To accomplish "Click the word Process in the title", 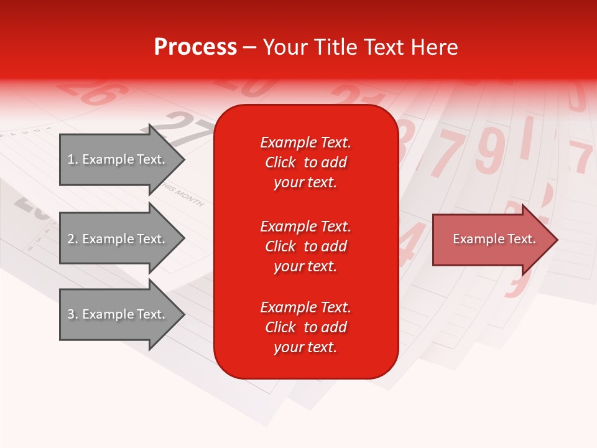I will click(x=195, y=47).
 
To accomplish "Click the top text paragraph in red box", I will click(x=305, y=162).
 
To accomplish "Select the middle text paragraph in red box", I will click(x=305, y=246).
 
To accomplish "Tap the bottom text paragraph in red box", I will click(x=305, y=327).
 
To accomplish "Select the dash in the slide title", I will click(x=250, y=48).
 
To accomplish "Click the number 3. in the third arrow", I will click(x=73, y=314).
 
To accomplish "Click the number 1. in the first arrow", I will click(x=73, y=159).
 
